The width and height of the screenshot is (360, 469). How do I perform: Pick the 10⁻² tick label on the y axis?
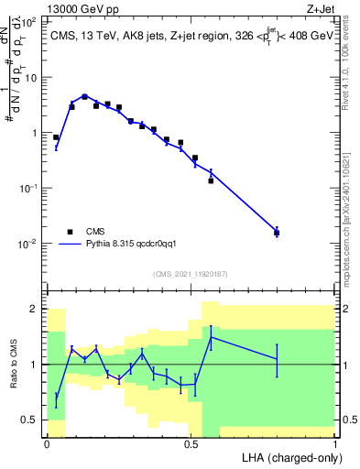click(28, 243)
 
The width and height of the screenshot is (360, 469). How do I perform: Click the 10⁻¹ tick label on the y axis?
click(28, 187)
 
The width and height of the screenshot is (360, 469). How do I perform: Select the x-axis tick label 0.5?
click(191, 443)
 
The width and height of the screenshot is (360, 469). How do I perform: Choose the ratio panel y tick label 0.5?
click(29, 420)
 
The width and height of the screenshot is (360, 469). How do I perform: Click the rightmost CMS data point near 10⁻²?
click(277, 233)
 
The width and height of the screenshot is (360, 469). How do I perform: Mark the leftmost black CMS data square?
click(56, 137)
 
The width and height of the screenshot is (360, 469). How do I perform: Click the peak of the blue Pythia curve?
click(84, 95)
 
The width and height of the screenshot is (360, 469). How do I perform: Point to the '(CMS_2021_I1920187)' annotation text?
click(191, 273)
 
